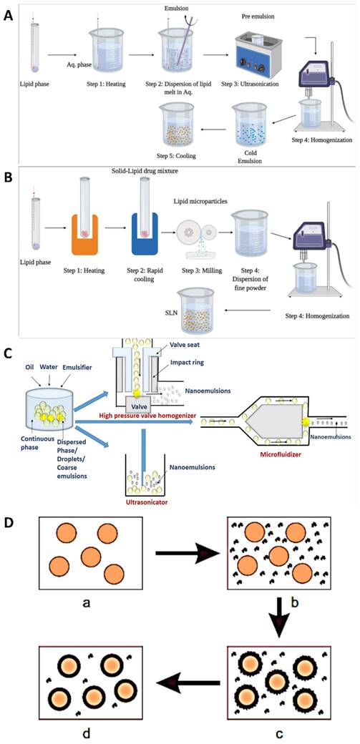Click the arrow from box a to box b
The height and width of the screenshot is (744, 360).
pyautogui.click(x=188, y=553)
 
